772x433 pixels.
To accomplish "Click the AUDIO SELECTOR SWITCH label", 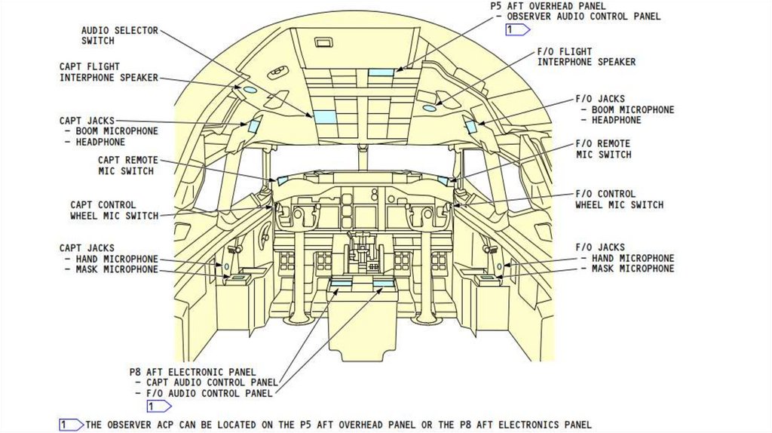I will [119, 35].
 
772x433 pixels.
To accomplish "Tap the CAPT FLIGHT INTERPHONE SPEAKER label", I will [109, 72].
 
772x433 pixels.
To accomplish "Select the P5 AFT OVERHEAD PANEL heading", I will [548, 5].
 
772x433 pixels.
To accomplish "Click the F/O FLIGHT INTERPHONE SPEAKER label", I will [586, 57].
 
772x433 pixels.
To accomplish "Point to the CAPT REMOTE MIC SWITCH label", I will [127, 165].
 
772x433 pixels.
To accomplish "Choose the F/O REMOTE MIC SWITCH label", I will [603, 149].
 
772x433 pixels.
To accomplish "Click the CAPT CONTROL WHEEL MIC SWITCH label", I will [114, 210].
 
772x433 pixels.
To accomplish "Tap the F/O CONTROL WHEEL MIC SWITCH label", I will [619, 199].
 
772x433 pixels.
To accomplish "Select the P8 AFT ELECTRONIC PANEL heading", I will [192, 372].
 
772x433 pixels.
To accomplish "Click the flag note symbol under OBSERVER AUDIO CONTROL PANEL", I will [517, 29].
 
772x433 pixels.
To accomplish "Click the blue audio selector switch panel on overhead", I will [324, 117].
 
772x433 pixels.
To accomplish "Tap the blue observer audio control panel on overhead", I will [381, 72].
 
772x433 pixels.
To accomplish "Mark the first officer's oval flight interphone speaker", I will [429, 108].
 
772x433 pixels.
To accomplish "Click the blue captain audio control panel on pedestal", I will [341, 283].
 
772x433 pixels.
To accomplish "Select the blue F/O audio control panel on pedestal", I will [383, 283].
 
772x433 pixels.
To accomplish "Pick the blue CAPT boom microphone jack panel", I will [254, 126].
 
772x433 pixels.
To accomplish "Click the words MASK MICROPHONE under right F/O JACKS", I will [633, 269].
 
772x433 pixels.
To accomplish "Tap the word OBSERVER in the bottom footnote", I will [133, 425].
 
